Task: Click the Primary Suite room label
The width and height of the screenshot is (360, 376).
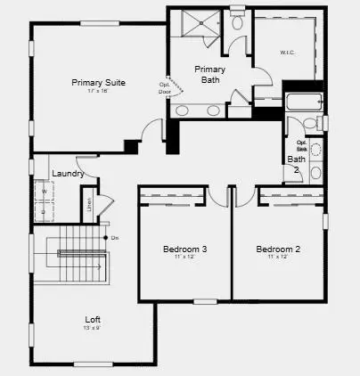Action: tap(98, 83)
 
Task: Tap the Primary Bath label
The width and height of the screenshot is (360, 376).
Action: tap(209, 74)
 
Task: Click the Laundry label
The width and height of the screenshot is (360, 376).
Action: tap(68, 174)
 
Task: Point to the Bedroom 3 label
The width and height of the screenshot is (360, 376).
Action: tap(185, 249)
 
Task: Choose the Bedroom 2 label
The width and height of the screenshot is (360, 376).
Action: tap(279, 249)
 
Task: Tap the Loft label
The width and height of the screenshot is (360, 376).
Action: tap(93, 319)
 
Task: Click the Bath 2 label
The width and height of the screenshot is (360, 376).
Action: tap(295, 164)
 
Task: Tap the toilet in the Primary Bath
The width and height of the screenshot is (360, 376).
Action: tap(237, 22)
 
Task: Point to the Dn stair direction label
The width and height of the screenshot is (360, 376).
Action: tap(115, 237)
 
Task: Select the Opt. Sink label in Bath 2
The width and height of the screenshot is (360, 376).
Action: tap(302, 145)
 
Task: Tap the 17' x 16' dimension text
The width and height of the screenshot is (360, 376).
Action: tap(98, 92)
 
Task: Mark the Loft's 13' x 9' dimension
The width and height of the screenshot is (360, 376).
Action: tap(93, 329)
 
